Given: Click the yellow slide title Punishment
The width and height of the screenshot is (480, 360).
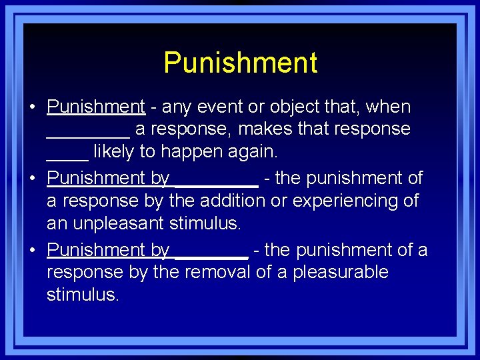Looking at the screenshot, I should click(240, 63).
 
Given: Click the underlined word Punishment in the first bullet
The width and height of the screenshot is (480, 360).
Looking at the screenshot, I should click(96, 107).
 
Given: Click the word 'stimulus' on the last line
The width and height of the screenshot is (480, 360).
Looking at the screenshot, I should click(82, 295).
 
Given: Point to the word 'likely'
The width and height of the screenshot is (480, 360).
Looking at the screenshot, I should click(114, 152).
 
